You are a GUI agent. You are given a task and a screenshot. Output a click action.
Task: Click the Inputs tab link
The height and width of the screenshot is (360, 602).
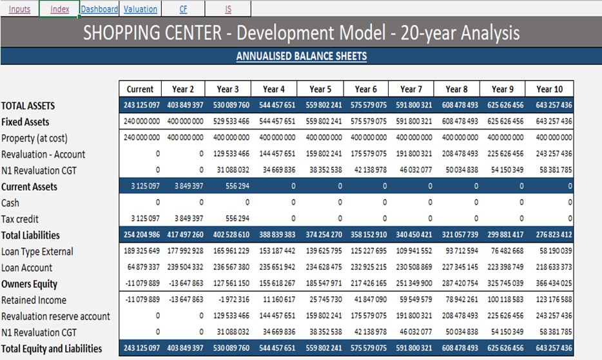click(19, 9)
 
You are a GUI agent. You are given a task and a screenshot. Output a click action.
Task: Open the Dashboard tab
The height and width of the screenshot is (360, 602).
click(99, 9)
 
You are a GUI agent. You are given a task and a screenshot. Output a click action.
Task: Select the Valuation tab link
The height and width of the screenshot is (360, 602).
click(140, 9)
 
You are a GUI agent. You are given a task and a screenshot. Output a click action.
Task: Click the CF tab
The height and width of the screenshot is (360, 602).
click(183, 9)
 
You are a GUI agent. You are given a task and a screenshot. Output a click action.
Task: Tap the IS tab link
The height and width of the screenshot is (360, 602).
click(228, 9)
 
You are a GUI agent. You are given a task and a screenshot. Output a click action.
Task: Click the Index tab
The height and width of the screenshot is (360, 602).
click(59, 9)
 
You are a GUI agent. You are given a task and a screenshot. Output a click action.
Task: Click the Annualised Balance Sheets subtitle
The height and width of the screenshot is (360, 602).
click(301, 56)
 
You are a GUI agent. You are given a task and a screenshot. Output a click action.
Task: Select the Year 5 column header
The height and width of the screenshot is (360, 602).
click(320, 90)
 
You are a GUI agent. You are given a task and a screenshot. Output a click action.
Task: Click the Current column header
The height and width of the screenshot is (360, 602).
click(140, 90)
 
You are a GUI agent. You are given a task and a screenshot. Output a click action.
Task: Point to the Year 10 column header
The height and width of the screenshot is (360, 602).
click(549, 90)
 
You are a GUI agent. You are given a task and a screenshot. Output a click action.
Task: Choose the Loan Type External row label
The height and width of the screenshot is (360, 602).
click(37, 252)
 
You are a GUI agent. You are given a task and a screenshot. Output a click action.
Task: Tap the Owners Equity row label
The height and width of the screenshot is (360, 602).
click(29, 284)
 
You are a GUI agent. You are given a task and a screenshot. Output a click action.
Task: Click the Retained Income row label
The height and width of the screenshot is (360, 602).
click(34, 300)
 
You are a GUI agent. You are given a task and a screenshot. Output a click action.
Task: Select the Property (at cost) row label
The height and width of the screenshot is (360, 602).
click(34, 138)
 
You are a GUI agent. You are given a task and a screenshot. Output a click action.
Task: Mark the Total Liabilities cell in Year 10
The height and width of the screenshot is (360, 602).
click(549, 236)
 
